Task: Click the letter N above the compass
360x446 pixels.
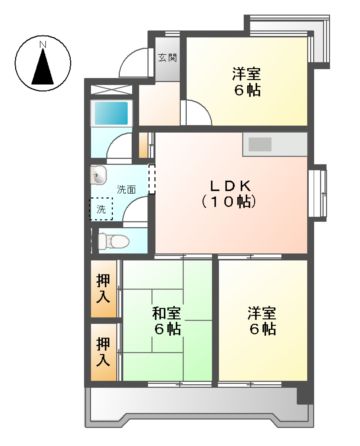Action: coord(42,44)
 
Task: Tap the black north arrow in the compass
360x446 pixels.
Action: coord(43,67)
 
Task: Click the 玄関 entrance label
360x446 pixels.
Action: coord(167,58)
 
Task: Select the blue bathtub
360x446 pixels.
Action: coord(112,113)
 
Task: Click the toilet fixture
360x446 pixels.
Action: coord(113,241)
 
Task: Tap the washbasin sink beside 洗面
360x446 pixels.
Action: coord(99,175)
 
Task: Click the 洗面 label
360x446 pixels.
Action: coord(126,190)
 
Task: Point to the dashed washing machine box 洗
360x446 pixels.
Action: coord(102,209)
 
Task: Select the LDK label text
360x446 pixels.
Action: coord(229,186)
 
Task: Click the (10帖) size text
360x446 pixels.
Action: coord(229,201)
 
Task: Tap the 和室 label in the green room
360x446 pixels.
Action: coord(167,313)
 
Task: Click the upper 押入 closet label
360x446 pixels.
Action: coord(103,289)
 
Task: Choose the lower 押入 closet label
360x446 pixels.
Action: coord(103,352)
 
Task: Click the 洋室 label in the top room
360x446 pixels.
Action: coord(246,73)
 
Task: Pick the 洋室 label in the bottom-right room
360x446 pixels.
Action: coord(262,313)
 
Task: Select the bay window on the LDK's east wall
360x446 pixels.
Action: coord(318,192)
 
